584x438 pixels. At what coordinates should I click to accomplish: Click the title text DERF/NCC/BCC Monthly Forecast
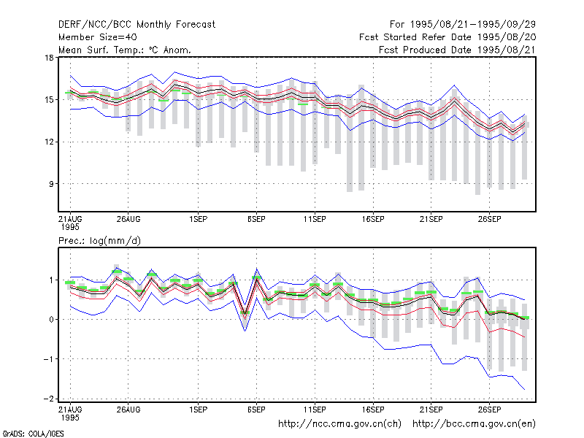[137, 25]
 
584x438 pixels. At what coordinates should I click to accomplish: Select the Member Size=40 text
[98, 37]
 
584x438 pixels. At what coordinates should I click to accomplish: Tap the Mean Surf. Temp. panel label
[125, 50]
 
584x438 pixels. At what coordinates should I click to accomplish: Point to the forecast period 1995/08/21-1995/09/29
[463, 25]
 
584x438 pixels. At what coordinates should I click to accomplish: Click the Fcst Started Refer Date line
[447, 37]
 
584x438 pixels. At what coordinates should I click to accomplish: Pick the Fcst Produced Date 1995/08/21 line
[458, 50]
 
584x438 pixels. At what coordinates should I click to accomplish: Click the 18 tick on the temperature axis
[49, 58]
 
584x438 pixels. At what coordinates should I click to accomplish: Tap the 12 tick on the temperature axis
[49, 142]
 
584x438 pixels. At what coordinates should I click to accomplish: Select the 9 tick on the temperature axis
[51, 184]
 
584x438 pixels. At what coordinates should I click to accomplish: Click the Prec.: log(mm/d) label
[99, 241]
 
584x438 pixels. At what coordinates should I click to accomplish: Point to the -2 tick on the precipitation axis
[49, 399]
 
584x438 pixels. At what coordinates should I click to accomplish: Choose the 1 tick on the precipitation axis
[51, 280]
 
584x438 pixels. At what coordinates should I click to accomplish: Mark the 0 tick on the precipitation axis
[51, 320]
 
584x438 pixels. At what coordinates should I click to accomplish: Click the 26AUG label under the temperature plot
[128, 220]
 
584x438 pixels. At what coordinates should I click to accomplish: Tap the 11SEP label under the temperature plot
[315, 220]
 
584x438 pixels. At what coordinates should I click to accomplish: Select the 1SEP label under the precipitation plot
[198, 410]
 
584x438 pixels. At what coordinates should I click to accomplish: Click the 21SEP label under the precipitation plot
[431, 410]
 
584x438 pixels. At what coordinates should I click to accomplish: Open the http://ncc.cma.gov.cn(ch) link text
[339, 424]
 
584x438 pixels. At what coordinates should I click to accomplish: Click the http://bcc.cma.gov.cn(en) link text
[474, 424]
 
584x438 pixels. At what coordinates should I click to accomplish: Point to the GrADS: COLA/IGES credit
[33, 434]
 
